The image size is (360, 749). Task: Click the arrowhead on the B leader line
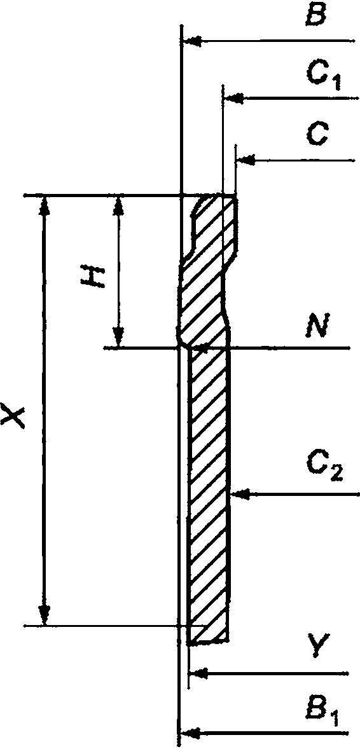click(x=191, y=42)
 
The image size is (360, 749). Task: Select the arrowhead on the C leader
click(x=246, y=160)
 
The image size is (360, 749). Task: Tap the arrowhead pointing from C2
click(x=240, y=495)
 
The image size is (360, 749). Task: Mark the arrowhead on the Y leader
click(x=199, y=673)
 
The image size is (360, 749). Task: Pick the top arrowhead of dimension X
click(x=45, y=205)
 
